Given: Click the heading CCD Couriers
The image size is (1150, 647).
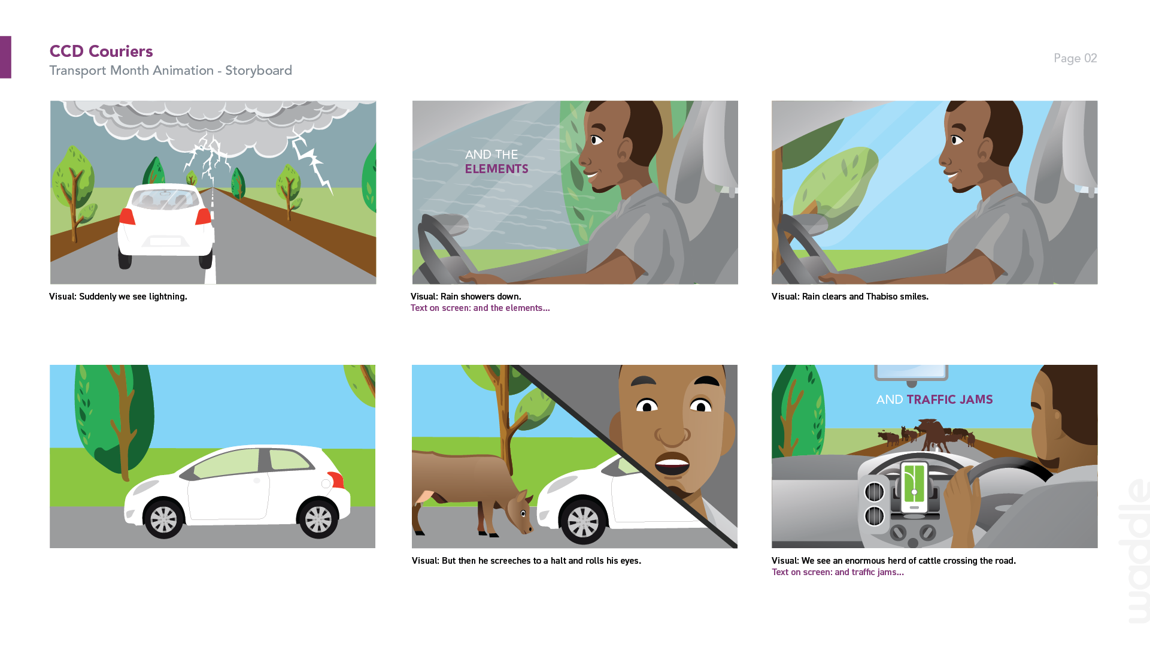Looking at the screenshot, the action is pyautogui.click(x=101, y=52).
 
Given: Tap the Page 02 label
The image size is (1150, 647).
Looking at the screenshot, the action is pyautogui.click(x=1075, y=58).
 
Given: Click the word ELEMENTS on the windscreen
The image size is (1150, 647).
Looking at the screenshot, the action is pyautogui.click(x=496, y=169).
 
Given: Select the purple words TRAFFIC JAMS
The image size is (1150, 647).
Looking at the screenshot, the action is pyautogui.click(x=949, y=400).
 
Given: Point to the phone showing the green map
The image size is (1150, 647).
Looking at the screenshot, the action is pyautogui.click(x=914, y=488).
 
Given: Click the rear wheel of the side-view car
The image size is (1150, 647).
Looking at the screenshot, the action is pyautogui.click(x=163, y=519).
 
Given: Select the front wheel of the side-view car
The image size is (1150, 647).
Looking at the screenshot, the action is pyautogui.click(x=318, y=519).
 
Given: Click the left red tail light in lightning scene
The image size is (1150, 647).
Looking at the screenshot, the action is pyautogui.click(x=127, y=216).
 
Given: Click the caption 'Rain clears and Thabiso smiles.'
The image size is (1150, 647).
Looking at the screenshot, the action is pyautogui.click(x=849, y=297).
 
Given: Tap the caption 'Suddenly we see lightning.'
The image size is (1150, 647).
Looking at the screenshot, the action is pyautogui.click(x=118, y=297).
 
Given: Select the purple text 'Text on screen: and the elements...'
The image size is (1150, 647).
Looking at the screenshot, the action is pyautogui.click(x=480, y=308).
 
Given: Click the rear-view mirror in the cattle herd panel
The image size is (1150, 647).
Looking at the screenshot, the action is pyautogui.click(x=911, y=373).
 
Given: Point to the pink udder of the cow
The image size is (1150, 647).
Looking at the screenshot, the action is pyautogui.click(x=425, y=497).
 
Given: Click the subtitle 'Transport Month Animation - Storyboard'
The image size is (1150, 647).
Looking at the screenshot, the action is pyautogui.click(x=171, y=71).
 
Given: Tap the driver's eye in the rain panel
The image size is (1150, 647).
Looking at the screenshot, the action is pyautogui.click(x=596, y=140).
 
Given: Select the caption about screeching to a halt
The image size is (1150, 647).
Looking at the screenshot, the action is pyautogui.click(x=526, y=561).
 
